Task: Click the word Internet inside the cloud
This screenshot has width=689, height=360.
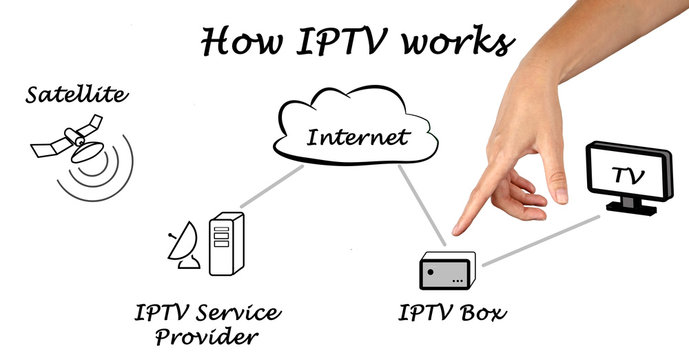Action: (357, 137)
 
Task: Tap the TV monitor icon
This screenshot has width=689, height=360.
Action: (627, 176)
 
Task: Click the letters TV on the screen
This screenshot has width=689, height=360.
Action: (627, 176)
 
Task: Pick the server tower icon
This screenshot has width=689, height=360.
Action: (225, 244)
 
